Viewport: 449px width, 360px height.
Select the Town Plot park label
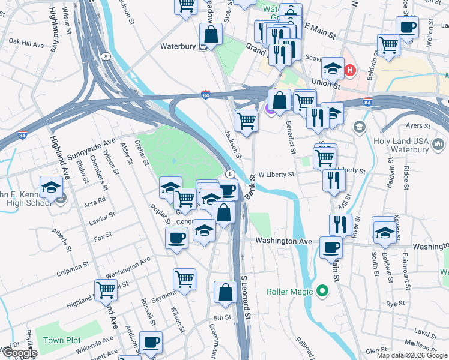62,340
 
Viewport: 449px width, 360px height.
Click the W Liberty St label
276,175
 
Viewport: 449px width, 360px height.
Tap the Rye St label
396,304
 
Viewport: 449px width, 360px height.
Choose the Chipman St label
73,263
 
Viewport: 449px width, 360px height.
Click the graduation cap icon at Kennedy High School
51,188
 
